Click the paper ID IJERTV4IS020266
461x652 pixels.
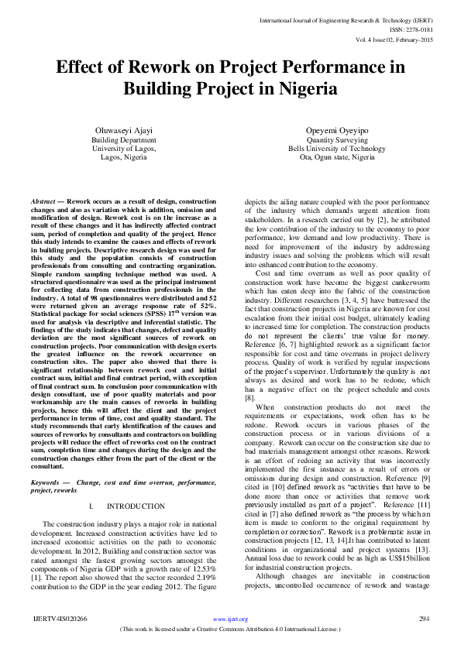60,619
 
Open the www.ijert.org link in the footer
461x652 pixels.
230,619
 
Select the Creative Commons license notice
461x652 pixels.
230,628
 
